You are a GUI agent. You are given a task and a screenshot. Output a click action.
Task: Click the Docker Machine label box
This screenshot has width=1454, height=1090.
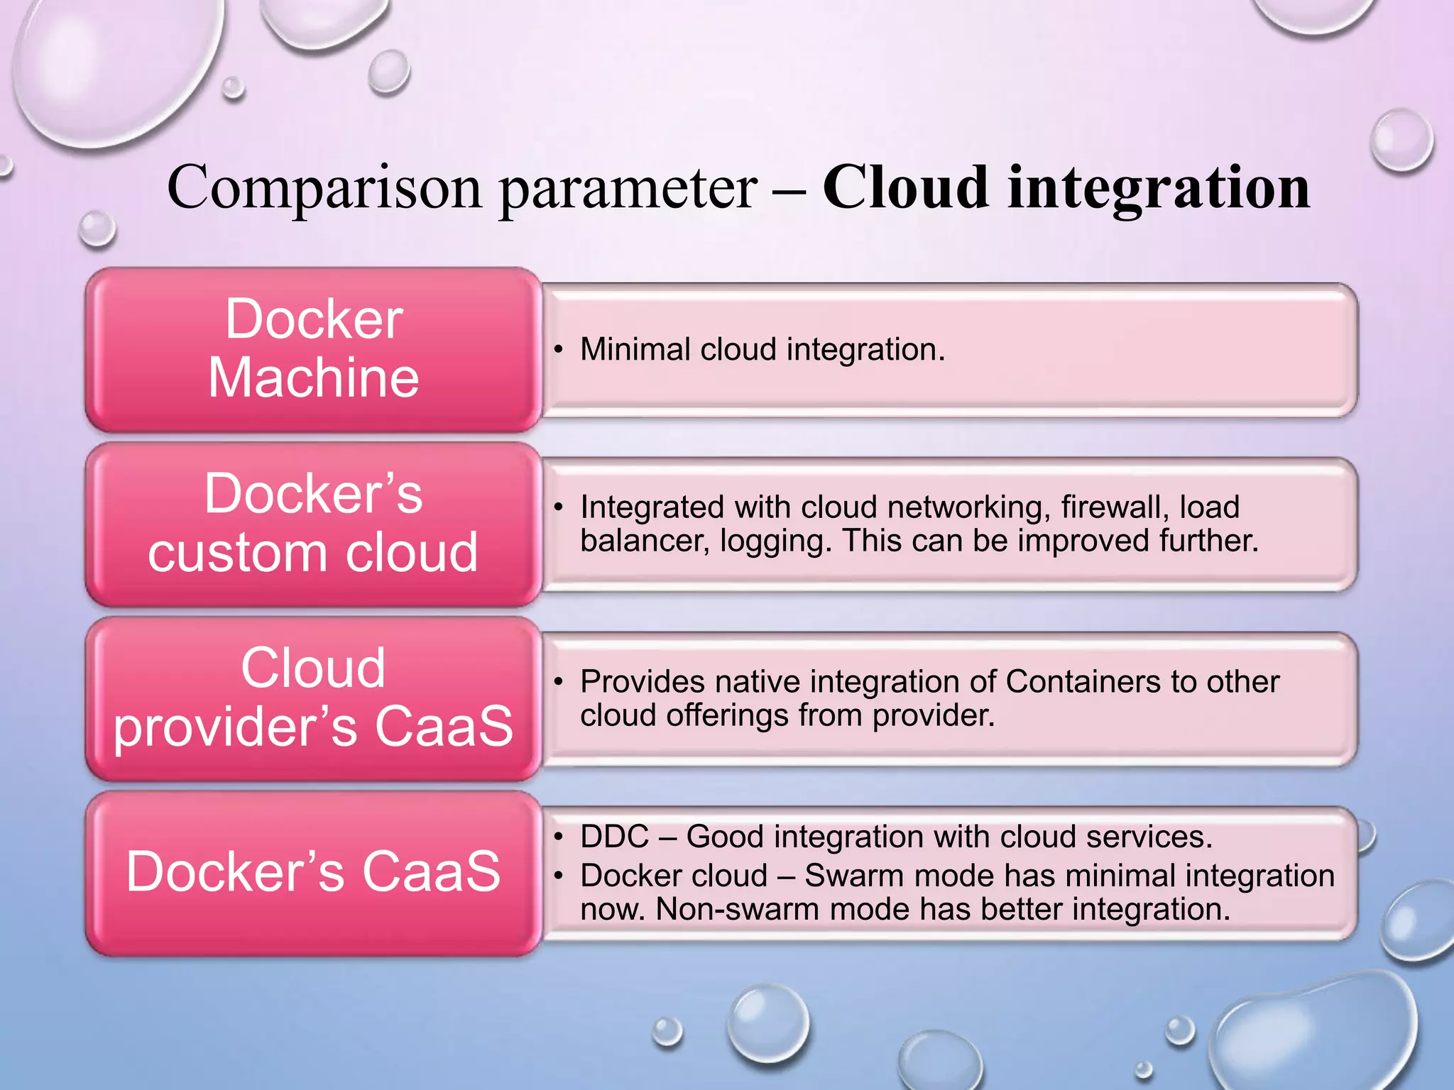pyautogui.click(x=313, y=349)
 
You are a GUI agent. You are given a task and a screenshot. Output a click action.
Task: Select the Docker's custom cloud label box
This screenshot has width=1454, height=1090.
pyautogui.click(x=313, y=524)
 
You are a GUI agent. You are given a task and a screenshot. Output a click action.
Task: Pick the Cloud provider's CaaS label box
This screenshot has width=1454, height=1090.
pyautogui.click(x=313, y=698)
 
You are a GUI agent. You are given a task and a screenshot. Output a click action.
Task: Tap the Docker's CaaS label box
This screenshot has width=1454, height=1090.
pyautogui.click(x=313, y=873)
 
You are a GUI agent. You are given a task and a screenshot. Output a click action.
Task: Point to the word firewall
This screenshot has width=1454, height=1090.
pyautogui.click(x=1115, y=507)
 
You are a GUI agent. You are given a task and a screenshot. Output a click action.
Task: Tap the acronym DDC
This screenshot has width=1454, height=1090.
pyautogui.click(x=614, y=837)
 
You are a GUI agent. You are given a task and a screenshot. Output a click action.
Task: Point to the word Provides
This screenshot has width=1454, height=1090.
pyautogui.click(x=643, y=682)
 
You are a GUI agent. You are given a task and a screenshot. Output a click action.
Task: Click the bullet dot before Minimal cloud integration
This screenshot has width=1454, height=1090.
pyautogui.click(x=559, y=349)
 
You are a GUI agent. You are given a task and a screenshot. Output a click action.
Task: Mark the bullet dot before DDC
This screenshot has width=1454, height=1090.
pyautogui.click(x=559, y=837)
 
